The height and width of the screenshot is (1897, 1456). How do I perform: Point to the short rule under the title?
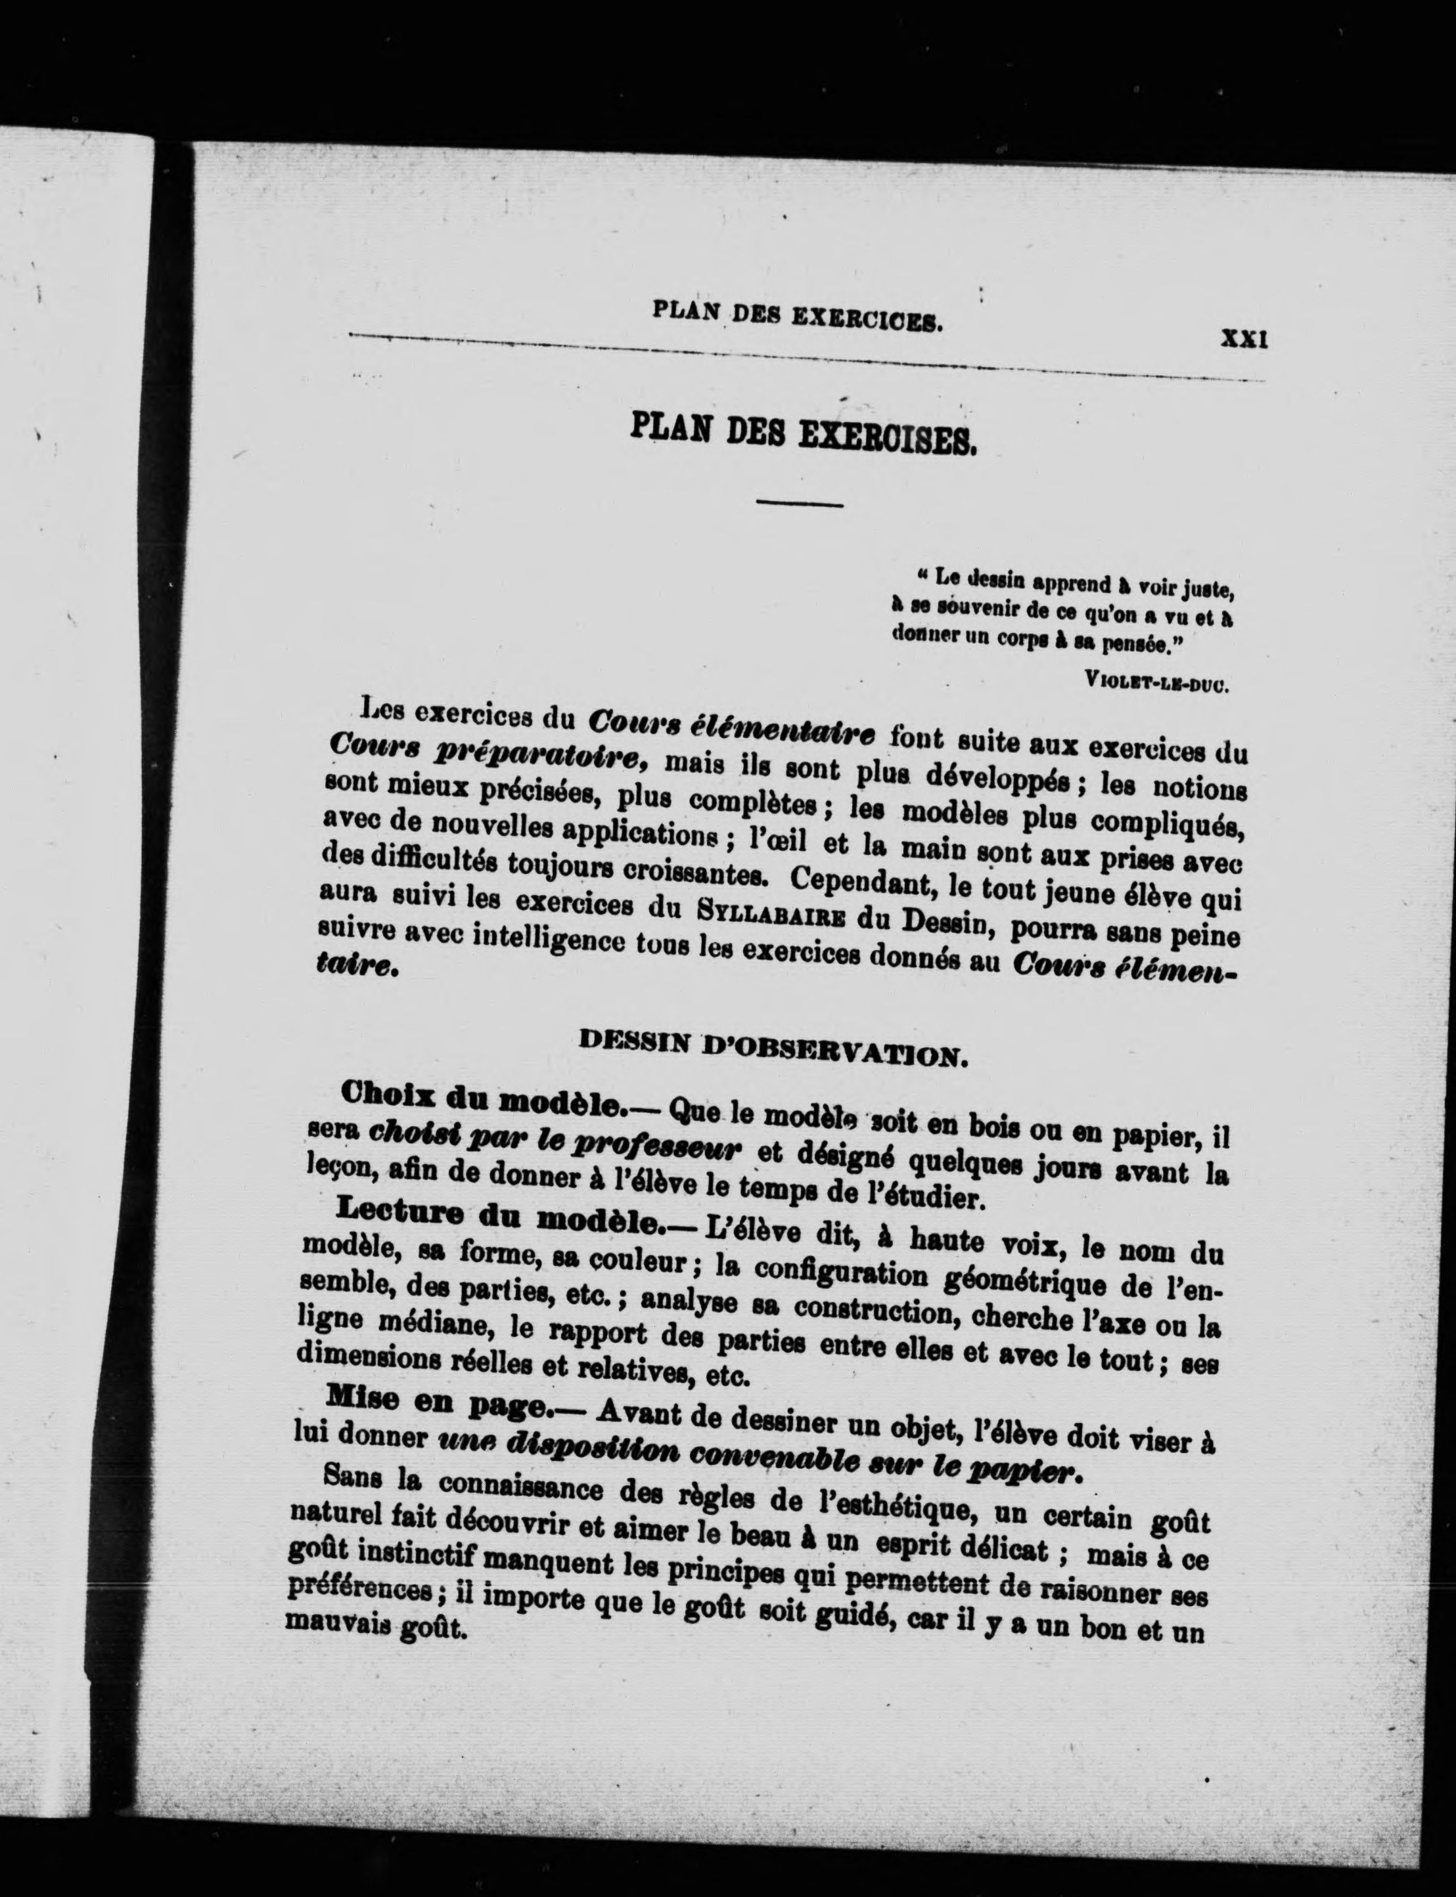click(799, 503)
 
